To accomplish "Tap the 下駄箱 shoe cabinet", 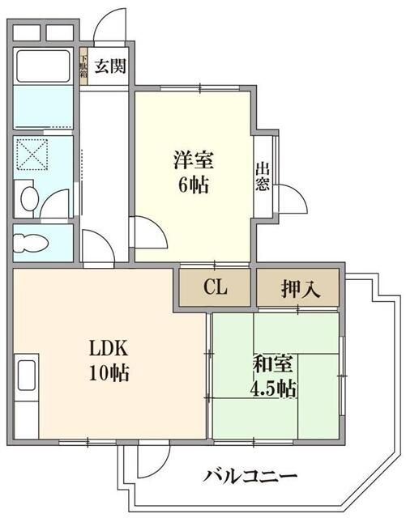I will tap(83, 66).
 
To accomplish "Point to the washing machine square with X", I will tap(34, 156).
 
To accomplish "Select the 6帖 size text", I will tap(193, 185).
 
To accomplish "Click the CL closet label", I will tap(215, 288).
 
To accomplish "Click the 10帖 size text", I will tap(109, 374).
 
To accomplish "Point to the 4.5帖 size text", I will tap(272, 388).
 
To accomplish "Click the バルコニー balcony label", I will tap(239, 475).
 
